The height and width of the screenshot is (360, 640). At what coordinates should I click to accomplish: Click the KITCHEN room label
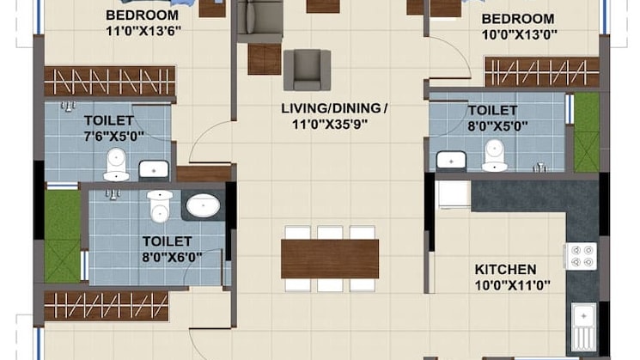[x=505, y=270]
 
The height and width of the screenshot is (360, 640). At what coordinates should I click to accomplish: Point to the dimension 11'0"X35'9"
[x=330, y=124]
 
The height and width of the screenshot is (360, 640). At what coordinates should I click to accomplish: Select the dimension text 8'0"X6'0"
[x=172, y=258]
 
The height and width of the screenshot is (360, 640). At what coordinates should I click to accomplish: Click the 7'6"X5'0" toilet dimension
[x=114, y=136]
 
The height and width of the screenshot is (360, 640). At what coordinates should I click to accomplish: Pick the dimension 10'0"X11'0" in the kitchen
[x=512, y=285]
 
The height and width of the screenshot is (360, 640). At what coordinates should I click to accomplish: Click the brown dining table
[x=330, y=259]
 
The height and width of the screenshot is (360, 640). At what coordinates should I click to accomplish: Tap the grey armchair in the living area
[x=307, y=70]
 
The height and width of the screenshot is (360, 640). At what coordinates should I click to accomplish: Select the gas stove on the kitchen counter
[x=582, y=256]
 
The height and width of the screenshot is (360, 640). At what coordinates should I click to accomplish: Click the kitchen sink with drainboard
[x=583, y=327]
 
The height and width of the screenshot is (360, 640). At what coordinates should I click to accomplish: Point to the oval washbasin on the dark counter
[x=204, y=205]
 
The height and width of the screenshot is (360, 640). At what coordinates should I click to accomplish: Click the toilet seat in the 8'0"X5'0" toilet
[x=495, y=156]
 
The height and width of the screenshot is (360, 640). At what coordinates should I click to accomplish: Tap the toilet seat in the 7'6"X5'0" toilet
[x=116, y=164]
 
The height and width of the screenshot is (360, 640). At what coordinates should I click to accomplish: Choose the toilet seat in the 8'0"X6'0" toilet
[x=160, y=206]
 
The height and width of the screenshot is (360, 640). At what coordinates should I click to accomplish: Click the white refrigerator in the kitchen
[x=454, y=195]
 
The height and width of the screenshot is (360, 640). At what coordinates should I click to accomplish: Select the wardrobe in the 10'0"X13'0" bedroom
[x=542, y=72]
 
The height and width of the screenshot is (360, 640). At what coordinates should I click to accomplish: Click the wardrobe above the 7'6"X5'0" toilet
[x=109, y=82]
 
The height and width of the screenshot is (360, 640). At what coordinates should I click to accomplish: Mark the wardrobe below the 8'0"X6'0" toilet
[x=107, y=306]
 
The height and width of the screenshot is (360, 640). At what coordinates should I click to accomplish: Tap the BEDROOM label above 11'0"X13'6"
[x=142, y=15]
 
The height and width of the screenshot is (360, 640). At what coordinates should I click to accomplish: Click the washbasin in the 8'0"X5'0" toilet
[x=451, y=161]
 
